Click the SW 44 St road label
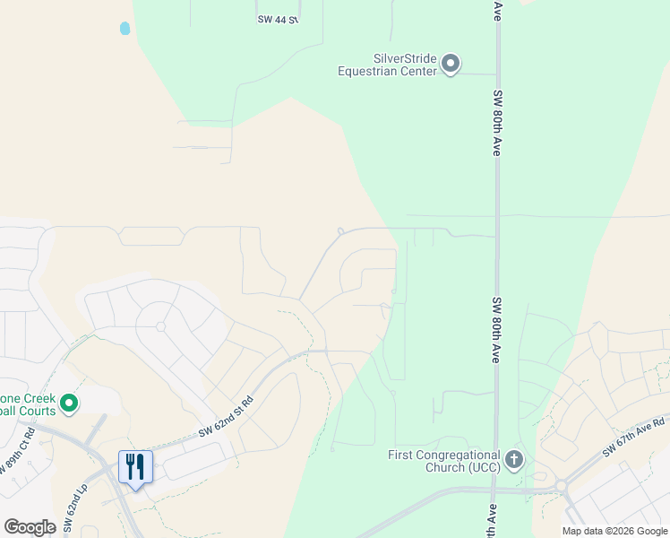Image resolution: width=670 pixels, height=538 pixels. [277, 19]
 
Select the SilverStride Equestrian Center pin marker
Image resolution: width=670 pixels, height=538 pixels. [451, 65]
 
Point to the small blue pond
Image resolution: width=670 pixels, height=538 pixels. [125, 29]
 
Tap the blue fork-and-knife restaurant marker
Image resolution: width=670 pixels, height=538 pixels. [135, 467]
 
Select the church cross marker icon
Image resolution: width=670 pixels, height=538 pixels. [513, 460]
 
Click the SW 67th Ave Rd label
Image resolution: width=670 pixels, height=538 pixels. [633, 436]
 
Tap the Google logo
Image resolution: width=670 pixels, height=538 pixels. [30, 526]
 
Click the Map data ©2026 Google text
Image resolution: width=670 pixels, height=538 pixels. [614, 531]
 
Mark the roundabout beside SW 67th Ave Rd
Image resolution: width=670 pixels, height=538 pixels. [562, 486]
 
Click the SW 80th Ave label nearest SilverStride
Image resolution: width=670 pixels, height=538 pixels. [495, 122]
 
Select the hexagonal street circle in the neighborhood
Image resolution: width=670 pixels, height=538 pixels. [161, 325]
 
